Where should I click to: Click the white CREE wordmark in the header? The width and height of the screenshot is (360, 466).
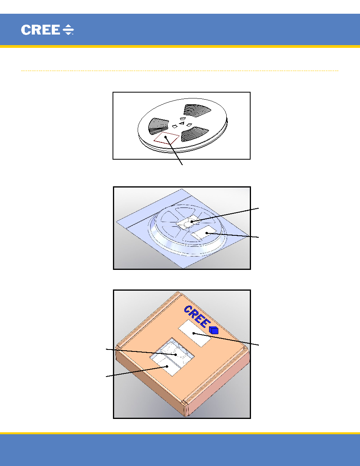click(x=40, y=30)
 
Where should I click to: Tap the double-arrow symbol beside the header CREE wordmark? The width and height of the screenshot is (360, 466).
click(x=68, y=30)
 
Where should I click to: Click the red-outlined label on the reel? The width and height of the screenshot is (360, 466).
click(x=167, y=138)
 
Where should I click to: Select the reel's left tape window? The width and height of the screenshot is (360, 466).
click(x=158, y=127)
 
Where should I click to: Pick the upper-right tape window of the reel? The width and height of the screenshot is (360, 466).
click(x=197, y=110)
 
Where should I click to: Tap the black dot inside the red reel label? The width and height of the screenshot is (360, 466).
click(x=165, y=137)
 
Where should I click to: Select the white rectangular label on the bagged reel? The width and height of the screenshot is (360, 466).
click(x=203, y=233)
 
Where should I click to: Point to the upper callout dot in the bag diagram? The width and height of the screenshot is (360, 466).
click(x=192, y=221)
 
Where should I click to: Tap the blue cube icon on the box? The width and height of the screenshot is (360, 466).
click(x=214, y=330)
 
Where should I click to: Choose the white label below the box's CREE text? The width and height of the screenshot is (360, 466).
click(x=195, y=333)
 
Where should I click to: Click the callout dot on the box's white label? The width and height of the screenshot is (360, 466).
click(x=193, y=333)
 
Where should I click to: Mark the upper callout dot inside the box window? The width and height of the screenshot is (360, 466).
click(x=176, y=354)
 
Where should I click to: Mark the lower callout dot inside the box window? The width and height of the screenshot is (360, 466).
click(x=167, y=366)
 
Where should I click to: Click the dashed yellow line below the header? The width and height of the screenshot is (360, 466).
click(x=180, y=71)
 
